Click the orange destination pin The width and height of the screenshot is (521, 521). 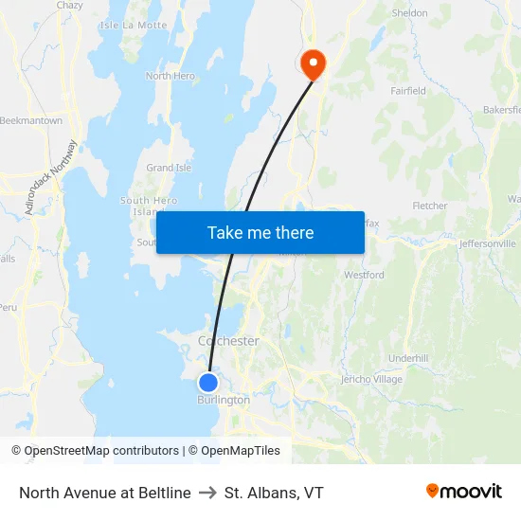pos(312,63)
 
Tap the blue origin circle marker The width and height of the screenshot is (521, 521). pos(207,383)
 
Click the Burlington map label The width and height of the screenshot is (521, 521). pos(224,400)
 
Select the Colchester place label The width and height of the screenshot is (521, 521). pos(228,341)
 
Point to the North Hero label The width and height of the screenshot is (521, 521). pos(170,76)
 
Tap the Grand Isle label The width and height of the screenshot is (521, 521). pos(169,168)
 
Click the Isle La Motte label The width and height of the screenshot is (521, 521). pos(133,25)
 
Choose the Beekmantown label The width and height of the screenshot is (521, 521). pos(31,121)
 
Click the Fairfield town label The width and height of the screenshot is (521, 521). pos(408,91)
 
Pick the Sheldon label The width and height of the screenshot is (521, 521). pos(410,13)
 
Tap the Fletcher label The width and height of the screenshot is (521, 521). pos(430,206)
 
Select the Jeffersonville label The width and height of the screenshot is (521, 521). pos(487,243)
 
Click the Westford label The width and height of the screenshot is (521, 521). pos(364,275)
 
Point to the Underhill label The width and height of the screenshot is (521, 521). pos(408,358)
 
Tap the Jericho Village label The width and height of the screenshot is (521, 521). pos(371,379)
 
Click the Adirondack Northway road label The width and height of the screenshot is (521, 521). pos(51,178)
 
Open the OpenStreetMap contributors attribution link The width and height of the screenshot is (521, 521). pos(100,451)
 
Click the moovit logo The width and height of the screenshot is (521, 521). pos(464,492)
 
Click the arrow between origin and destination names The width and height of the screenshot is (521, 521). pos(207,493)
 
